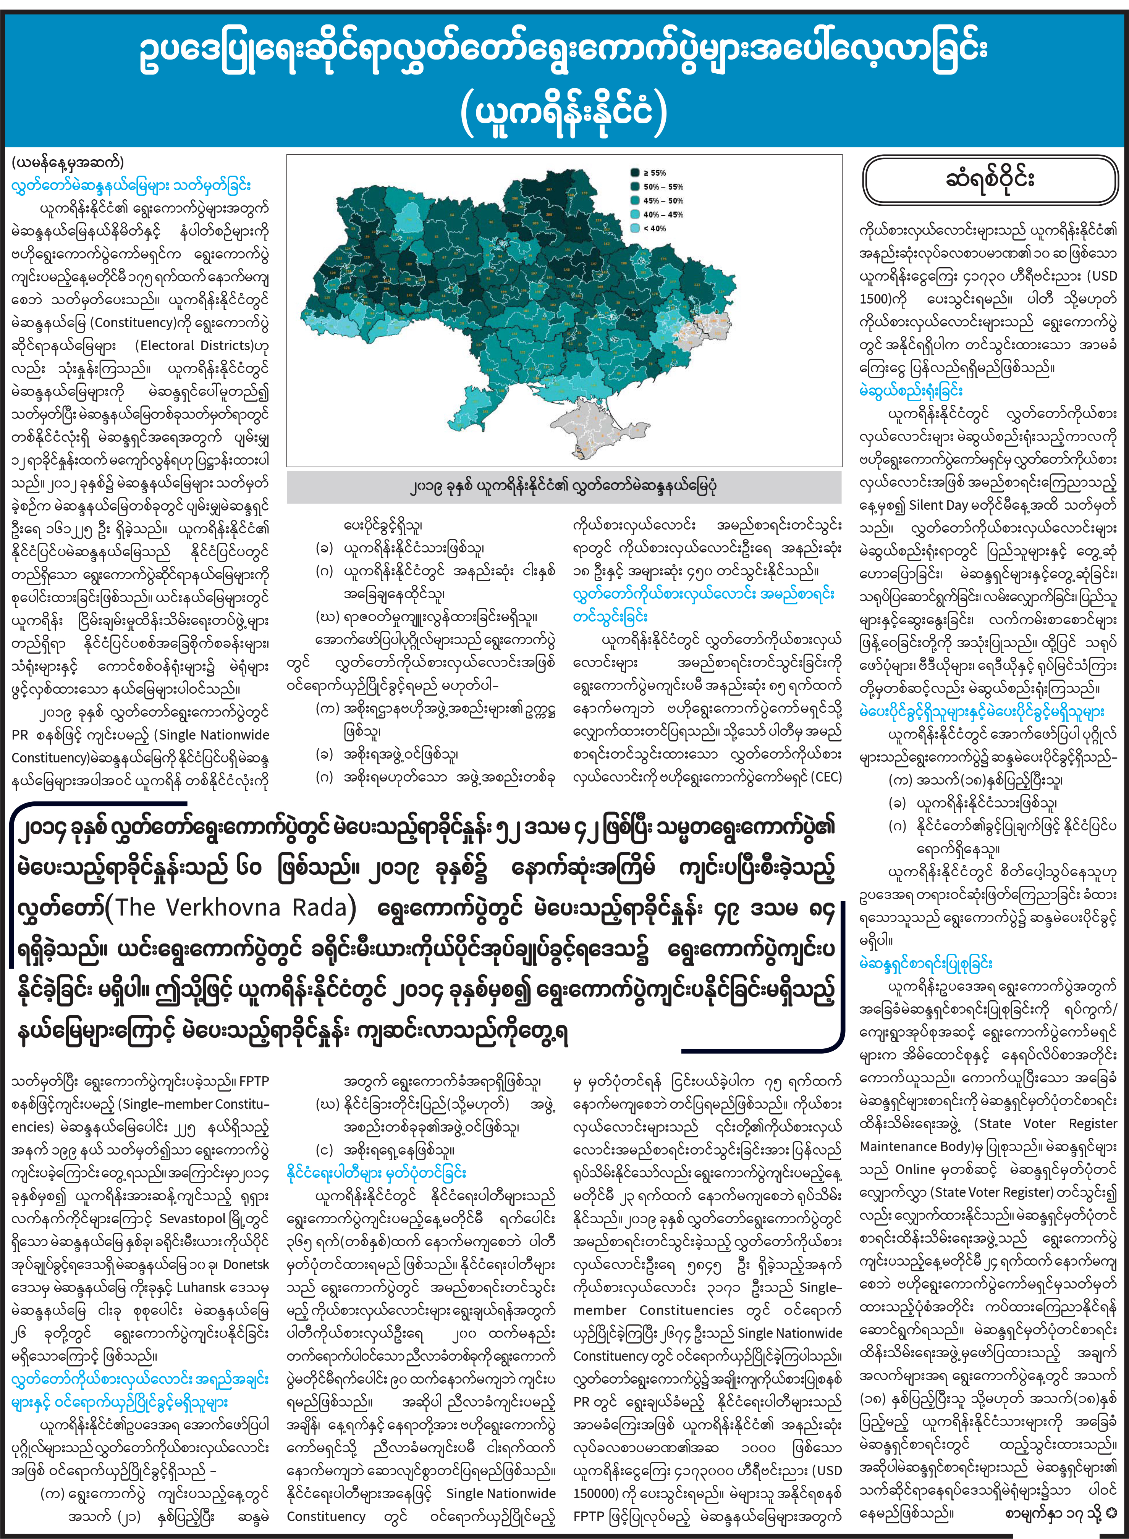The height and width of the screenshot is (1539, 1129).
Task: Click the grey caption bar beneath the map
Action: [x=564, y=487]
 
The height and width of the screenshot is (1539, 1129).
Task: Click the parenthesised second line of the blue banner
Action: [x=564, y=113]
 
